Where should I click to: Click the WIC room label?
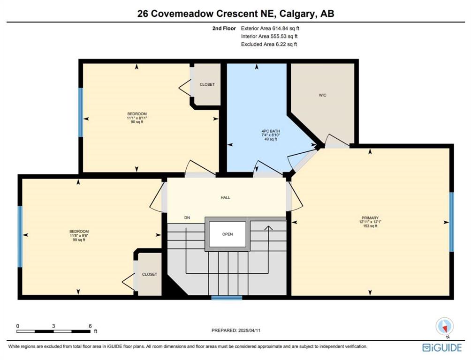pyautogui.click(x=322, y=95)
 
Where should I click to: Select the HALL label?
pyautogui.click(x=225, y=197)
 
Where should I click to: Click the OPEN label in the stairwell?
pyautogui.click(x=228, y=234)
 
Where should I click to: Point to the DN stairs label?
pyautogui.click(x=187, y=217)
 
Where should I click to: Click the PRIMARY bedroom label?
pyautogui.click(x=370, y=218)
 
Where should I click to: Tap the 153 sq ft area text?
pyautogui.click(x=370, y=226)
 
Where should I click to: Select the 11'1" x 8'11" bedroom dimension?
pyautogui.click(x=137, y=118)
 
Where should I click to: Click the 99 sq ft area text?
pyautogui.click(x=79, y=240)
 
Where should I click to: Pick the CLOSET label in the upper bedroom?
pyautogui.click(x=207, y=84)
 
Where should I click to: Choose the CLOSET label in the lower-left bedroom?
pyautogui.click(x=150, y=274)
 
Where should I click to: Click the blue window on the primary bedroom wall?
pyautogui.click(x=451, y=222)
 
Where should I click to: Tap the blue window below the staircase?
pyautogui.click(x=227, y=298)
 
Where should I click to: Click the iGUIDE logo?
pyautogui.click(x=442, y=347)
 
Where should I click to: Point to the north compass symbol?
pyautogui.click(x=445, y=326)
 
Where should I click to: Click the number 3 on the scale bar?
pyautogui.click(x=53, y=326)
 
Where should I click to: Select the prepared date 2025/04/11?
pyautogui.click(x=249, y=330)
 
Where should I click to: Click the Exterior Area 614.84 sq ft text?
pyautogui.click(x=270, y=29)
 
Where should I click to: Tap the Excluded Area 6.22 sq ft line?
pyautogui.click(x=269, y=44)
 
